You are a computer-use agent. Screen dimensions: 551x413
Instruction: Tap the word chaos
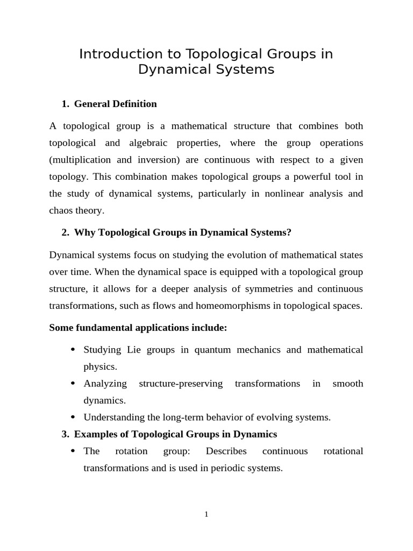tap(62, 210)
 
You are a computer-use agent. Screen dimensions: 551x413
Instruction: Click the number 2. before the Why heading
tap(66, 232)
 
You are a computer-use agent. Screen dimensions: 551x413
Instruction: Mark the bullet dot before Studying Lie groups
tap(73, 350)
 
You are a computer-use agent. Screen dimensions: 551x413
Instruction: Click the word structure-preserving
tap(181, 384)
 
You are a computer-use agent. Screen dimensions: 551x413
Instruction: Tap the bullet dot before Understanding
tap(73, 417)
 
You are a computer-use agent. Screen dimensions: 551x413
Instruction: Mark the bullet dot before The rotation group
tap(73, 451)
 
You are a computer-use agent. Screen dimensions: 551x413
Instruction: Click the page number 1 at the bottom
tap(206, 514)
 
